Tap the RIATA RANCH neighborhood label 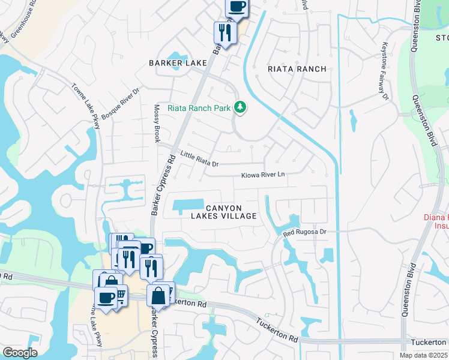pos(298,69)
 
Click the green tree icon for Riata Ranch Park pos(240,107)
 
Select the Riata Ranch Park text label pos(199,109)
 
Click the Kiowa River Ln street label pos(262,175)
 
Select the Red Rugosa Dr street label pos(305,231)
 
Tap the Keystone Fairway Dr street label pos(384,71)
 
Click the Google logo pos(20,352)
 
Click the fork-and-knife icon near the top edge pos(225,32)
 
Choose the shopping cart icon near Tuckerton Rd pos(120,296)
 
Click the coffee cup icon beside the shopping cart pos(106,298)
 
